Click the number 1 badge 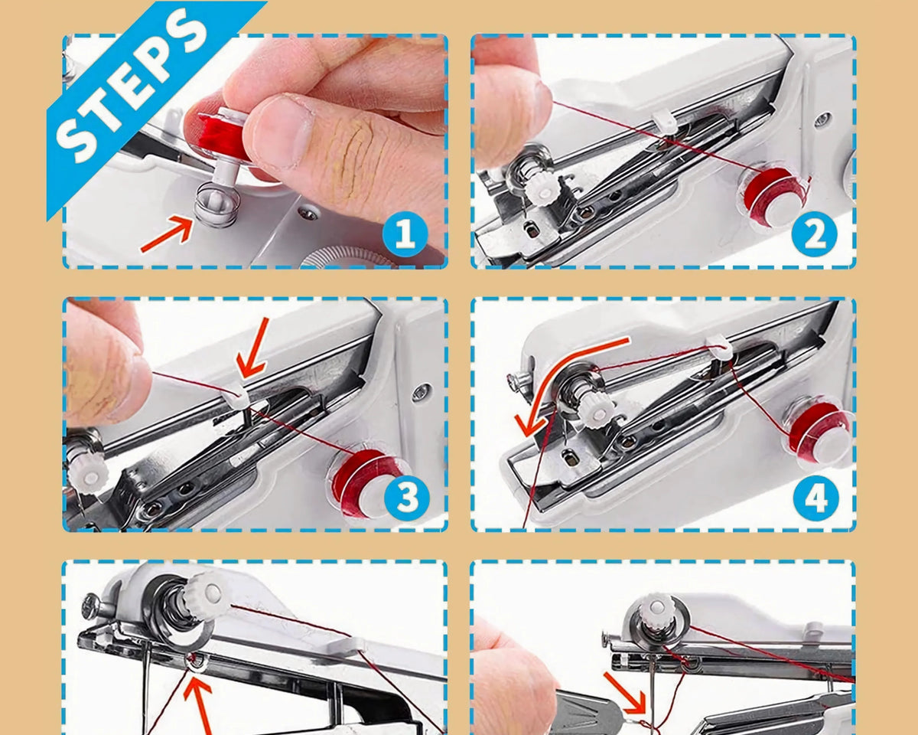pos(405,234)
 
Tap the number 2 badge pos(814,234)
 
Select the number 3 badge pos(407,498)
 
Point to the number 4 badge pos(816,498)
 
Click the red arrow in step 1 pos(167,234)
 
